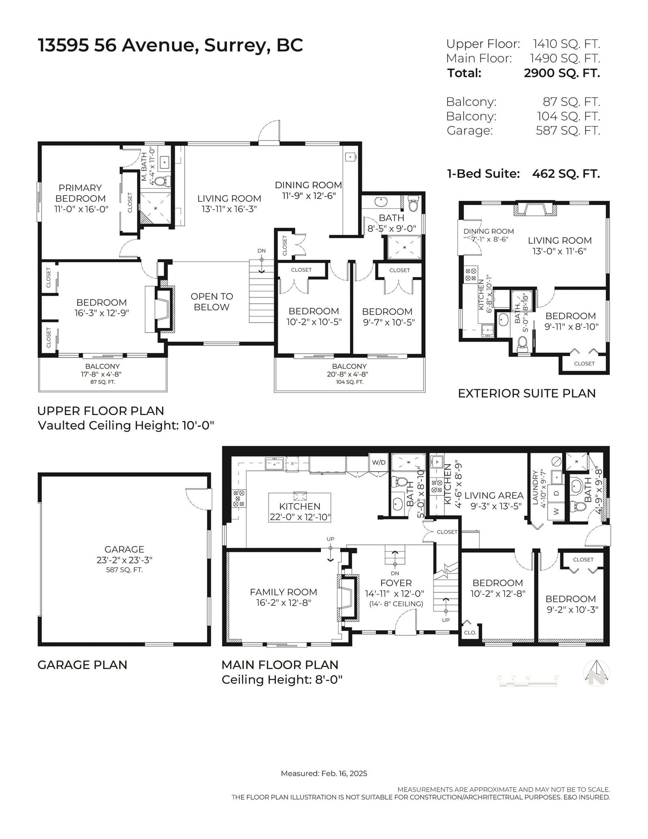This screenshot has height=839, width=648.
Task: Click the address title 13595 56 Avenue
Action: (118, 45)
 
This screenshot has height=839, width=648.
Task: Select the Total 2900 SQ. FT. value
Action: (562, 73)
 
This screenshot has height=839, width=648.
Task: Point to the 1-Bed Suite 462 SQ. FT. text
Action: (523, 174)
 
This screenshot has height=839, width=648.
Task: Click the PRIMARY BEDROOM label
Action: (80, 193)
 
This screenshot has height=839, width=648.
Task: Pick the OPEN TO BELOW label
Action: (212, 302)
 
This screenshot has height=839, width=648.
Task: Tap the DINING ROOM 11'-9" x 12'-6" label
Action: (308, 190)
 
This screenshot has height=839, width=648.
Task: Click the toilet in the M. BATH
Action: (161, 181)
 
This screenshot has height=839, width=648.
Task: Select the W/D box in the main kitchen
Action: (379, 462)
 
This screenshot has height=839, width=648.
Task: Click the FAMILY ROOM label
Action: (283, 592)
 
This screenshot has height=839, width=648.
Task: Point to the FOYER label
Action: (396, 583)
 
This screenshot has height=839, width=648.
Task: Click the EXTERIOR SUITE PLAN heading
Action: (527, 393)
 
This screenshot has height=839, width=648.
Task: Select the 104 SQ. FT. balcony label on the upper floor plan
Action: (350, 382)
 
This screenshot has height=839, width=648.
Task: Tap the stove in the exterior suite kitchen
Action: (471, 275)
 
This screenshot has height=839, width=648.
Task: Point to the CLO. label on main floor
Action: (470, 632)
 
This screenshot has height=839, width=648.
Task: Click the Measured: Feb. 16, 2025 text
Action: (324, 773)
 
